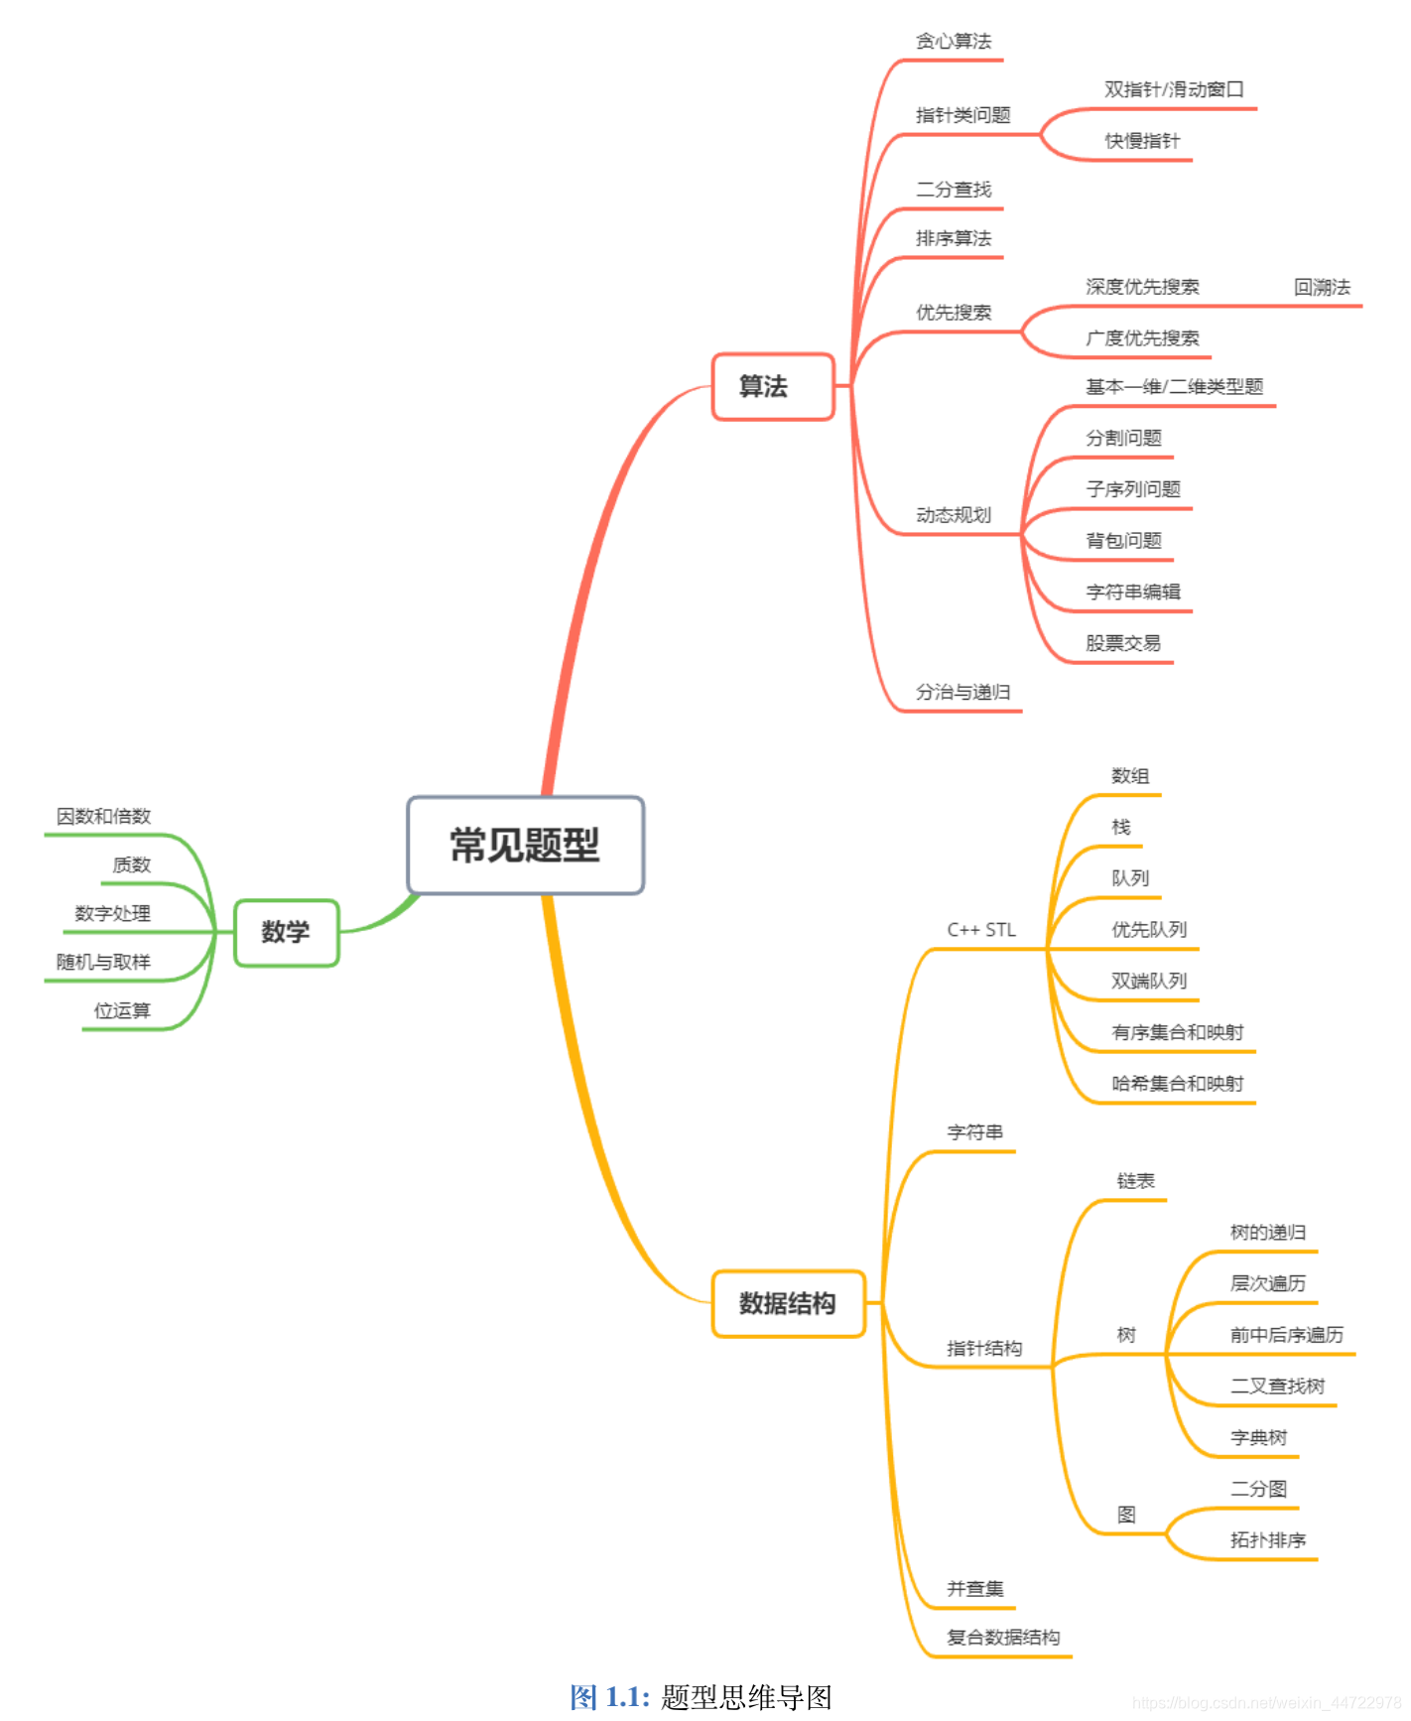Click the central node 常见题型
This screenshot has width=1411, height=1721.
(x=525, y=846)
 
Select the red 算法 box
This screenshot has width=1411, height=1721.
(x=772, y=386)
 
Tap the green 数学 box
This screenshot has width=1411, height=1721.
(x=286, y=932)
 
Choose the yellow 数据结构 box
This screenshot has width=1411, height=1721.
(x=787, y=1303)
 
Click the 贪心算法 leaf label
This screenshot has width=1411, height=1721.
(x=953, y=42)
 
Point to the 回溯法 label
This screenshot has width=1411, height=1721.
(x=1322, y=288)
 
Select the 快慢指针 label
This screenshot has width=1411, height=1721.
(x=1142, y=141)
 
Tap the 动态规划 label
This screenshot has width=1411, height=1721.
(x=953, y=515)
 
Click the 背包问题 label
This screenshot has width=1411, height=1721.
(x=1123, y=541)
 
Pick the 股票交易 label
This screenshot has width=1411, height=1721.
(x=1122, y=643)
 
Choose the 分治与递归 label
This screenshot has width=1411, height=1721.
(x=962, y=693)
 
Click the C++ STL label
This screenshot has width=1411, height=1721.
(x=981, y=930)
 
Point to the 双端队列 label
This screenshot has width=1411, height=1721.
(x=1148, y=982)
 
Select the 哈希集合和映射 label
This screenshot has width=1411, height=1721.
(x=1177, y=1084)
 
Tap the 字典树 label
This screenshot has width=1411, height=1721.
(x=1258, y=1438)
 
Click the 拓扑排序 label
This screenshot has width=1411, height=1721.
(x=1267, y=1540)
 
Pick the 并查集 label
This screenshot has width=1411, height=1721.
(x=974, y=1589)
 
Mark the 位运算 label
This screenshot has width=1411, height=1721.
(x=122, y=1011)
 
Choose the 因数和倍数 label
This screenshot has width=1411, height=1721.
(x=103, y=817)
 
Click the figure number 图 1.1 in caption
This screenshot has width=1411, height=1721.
(x=609, y=1697)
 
